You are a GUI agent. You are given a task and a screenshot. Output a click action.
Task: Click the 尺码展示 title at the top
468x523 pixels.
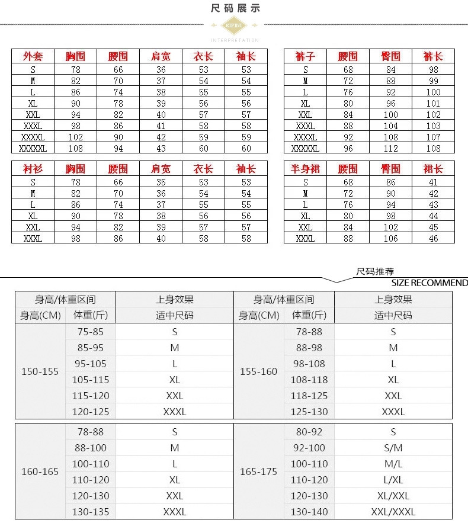[235, 8]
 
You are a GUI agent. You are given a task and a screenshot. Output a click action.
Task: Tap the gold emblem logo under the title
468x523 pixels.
[235, 25]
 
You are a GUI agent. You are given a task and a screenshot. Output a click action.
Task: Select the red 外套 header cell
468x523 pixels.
[33, 56]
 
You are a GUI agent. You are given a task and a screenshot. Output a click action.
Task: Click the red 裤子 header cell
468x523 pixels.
[305, 56]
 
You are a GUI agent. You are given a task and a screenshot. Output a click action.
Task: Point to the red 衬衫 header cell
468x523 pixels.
[33, 169]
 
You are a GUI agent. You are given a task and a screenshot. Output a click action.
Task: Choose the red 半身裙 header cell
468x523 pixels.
[305, 169]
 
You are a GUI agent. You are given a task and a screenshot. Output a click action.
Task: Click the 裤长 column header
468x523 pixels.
[433, 56]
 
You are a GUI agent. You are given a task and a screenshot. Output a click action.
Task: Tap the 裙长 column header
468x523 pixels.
[433, 169]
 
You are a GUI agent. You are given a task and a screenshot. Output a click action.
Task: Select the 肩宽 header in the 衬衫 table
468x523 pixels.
[161, 169]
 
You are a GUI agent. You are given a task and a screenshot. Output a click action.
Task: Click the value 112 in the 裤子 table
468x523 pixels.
[390, 148]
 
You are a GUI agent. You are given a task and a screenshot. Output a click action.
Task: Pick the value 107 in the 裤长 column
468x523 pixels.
[433, 137]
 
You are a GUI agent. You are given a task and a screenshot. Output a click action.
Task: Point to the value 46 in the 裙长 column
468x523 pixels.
[433, 238]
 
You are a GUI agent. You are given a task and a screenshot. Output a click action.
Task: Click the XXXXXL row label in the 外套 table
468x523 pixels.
[33, 148]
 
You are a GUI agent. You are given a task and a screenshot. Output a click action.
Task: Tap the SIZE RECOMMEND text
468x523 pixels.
[429, 283]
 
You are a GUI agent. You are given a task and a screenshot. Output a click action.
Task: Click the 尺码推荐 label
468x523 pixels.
[375, 272]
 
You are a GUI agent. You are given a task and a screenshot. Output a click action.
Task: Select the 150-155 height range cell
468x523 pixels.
[40, 371]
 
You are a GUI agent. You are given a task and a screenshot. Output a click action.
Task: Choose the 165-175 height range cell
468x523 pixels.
[258, 471]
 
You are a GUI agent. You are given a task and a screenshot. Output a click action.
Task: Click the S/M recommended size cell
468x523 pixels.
[393, 448]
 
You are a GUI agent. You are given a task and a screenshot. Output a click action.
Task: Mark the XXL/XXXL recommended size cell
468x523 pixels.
[393, 512]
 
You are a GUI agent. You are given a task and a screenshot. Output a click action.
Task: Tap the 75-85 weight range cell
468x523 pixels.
[90, 332]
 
